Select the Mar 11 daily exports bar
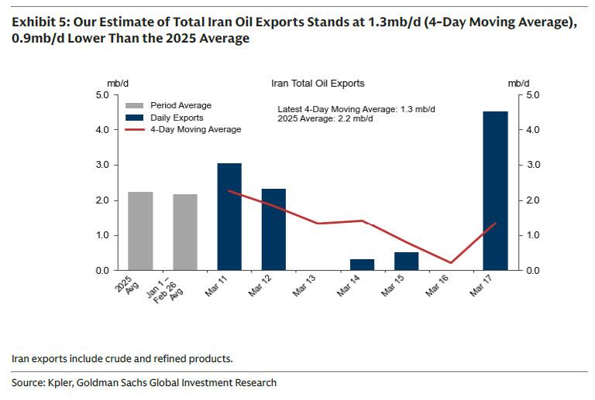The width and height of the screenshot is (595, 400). coord(229,217)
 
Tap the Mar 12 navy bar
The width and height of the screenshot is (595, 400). coord(273,229)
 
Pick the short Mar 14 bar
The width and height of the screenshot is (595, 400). coord(362,265)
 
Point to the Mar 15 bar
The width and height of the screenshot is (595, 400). coord(406,262)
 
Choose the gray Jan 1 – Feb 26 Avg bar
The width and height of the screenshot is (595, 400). coord(184,232)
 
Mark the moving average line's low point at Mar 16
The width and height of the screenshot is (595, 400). coord(451,263)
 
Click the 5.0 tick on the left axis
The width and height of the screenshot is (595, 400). coord(102,95)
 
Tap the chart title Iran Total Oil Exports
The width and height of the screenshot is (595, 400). coord(318,83)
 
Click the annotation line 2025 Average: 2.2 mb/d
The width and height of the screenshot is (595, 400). coord(325,119)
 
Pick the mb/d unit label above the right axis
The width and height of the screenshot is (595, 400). coord(518,82)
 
